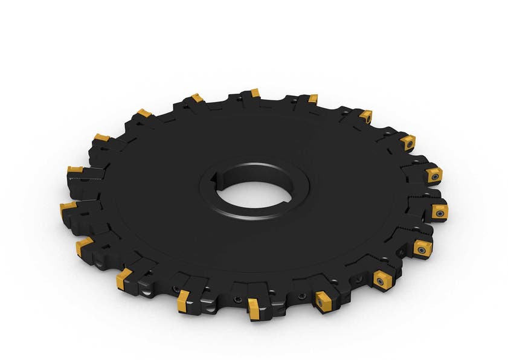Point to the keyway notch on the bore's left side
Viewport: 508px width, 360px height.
click(216, 179)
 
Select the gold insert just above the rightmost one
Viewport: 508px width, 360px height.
click(433, 175)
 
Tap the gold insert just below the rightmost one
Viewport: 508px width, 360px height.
click(422, 248)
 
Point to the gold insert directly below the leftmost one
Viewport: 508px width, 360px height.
click(84, 244)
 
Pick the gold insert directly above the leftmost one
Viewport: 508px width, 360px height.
click(75, 170)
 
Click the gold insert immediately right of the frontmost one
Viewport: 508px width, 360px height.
click(323, 298)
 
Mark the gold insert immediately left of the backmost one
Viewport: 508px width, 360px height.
click(197, 97)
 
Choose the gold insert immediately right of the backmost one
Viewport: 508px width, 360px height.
click(313, 98)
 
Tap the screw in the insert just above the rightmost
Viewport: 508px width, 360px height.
click(434, 176)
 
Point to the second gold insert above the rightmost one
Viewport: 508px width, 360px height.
click(408, 143)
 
